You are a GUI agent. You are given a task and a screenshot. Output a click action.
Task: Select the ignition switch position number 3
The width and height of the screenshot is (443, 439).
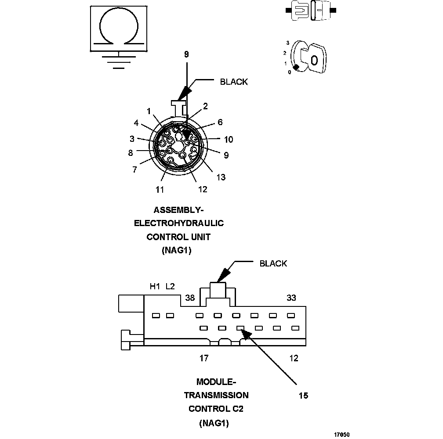tap(287, 43)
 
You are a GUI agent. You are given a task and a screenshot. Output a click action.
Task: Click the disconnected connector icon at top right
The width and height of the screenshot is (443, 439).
tap(312, 10)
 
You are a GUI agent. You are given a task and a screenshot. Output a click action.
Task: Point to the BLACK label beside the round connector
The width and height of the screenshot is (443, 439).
tap(233, 82)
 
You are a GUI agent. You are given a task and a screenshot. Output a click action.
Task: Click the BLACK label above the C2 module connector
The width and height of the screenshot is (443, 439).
tap(273, 263)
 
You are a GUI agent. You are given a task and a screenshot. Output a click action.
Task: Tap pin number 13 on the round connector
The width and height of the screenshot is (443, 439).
tap(221, 177)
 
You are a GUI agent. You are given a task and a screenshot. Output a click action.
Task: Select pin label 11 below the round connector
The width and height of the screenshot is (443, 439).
tap(160, 189)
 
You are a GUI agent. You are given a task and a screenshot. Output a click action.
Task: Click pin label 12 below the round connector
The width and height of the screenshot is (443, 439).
tap(203, 189)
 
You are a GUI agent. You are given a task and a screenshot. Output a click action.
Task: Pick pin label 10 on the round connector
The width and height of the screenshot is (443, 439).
tap(229, 140)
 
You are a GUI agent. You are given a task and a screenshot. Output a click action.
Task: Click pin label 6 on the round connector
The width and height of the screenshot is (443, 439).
tap(220, 122)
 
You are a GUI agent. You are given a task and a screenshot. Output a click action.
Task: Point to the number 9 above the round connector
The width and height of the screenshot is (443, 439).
tap(186, 54)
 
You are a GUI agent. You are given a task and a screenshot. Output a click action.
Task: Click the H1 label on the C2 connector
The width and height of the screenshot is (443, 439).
tap(155, 287)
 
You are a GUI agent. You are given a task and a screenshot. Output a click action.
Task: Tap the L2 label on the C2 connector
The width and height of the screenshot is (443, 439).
tap(170, 287)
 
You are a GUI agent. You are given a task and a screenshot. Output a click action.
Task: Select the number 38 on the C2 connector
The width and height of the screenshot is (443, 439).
tap(190, 298)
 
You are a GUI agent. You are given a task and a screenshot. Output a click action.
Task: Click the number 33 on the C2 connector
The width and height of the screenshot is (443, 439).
tap(291, 298)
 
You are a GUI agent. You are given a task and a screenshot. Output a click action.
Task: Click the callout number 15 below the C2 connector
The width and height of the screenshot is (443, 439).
tap(303, 396)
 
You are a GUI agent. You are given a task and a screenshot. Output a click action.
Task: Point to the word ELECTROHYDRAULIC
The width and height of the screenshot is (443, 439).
tap(179, 223)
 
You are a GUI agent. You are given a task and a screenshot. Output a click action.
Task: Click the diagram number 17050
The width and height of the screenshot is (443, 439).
tap(341, 434)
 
